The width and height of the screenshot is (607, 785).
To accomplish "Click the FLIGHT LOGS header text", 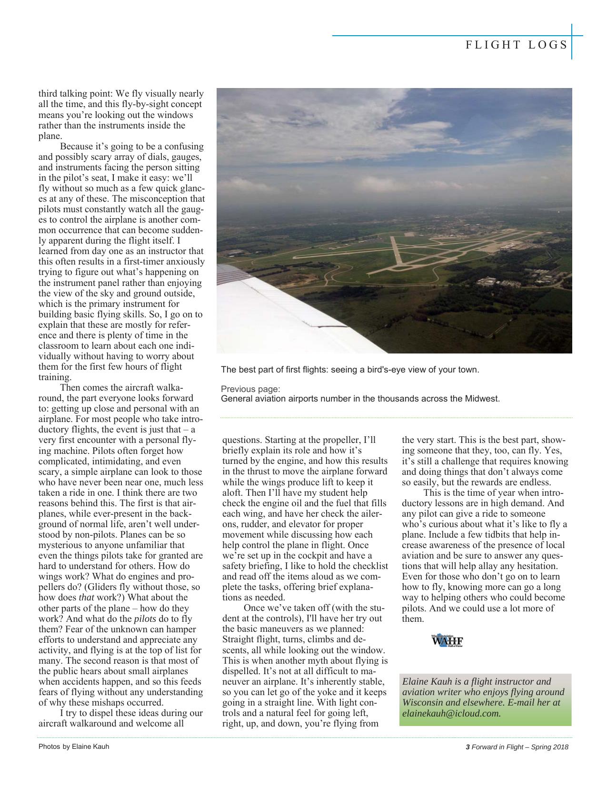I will pyautogui.click(x=517, y=45).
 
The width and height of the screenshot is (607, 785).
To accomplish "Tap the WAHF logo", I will pyautogui.click(x=447, y=641).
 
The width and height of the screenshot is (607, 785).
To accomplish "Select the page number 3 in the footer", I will pyautogui.click(x=468, y=746).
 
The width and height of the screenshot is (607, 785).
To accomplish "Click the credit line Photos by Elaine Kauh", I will pyautogui.click(x=74, y=746).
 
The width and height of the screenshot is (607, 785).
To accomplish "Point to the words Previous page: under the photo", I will pyautogui.click(x=250, y=389).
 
